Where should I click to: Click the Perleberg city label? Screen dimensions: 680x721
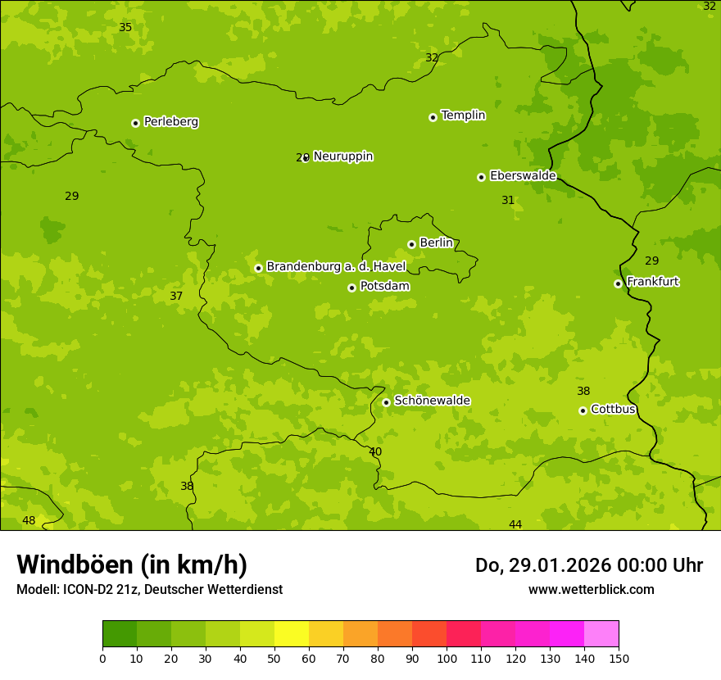click(170, 122)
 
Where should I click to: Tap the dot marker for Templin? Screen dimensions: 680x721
click(433, 117)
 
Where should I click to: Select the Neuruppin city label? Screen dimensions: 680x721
click(342, 156)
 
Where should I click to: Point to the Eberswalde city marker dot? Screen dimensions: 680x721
click(481, 177)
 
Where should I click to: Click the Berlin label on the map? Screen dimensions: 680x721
click(436, 243)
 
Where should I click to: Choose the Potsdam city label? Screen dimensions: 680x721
click(384, 287)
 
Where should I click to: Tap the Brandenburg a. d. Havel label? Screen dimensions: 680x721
click(336, 267)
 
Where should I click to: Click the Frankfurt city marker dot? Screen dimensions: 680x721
click(618, 283)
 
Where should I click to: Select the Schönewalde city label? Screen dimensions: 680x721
click(432, 401)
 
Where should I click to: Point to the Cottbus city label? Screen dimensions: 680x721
click(613, 409)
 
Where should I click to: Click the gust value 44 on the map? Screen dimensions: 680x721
click(515, 524)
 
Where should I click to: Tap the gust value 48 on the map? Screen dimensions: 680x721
click(29, 520)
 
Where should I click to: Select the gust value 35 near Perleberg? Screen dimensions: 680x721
click(125, 27)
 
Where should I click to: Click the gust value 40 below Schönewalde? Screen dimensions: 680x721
click(375, 451)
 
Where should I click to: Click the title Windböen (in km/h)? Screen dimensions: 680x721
click(132, 564)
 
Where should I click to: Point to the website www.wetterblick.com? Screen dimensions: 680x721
click(591, 589)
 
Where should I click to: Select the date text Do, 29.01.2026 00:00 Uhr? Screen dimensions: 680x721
click(588, 565)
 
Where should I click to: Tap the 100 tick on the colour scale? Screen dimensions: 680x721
click(447, 658)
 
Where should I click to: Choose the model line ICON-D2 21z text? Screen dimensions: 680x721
click(149, 589)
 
